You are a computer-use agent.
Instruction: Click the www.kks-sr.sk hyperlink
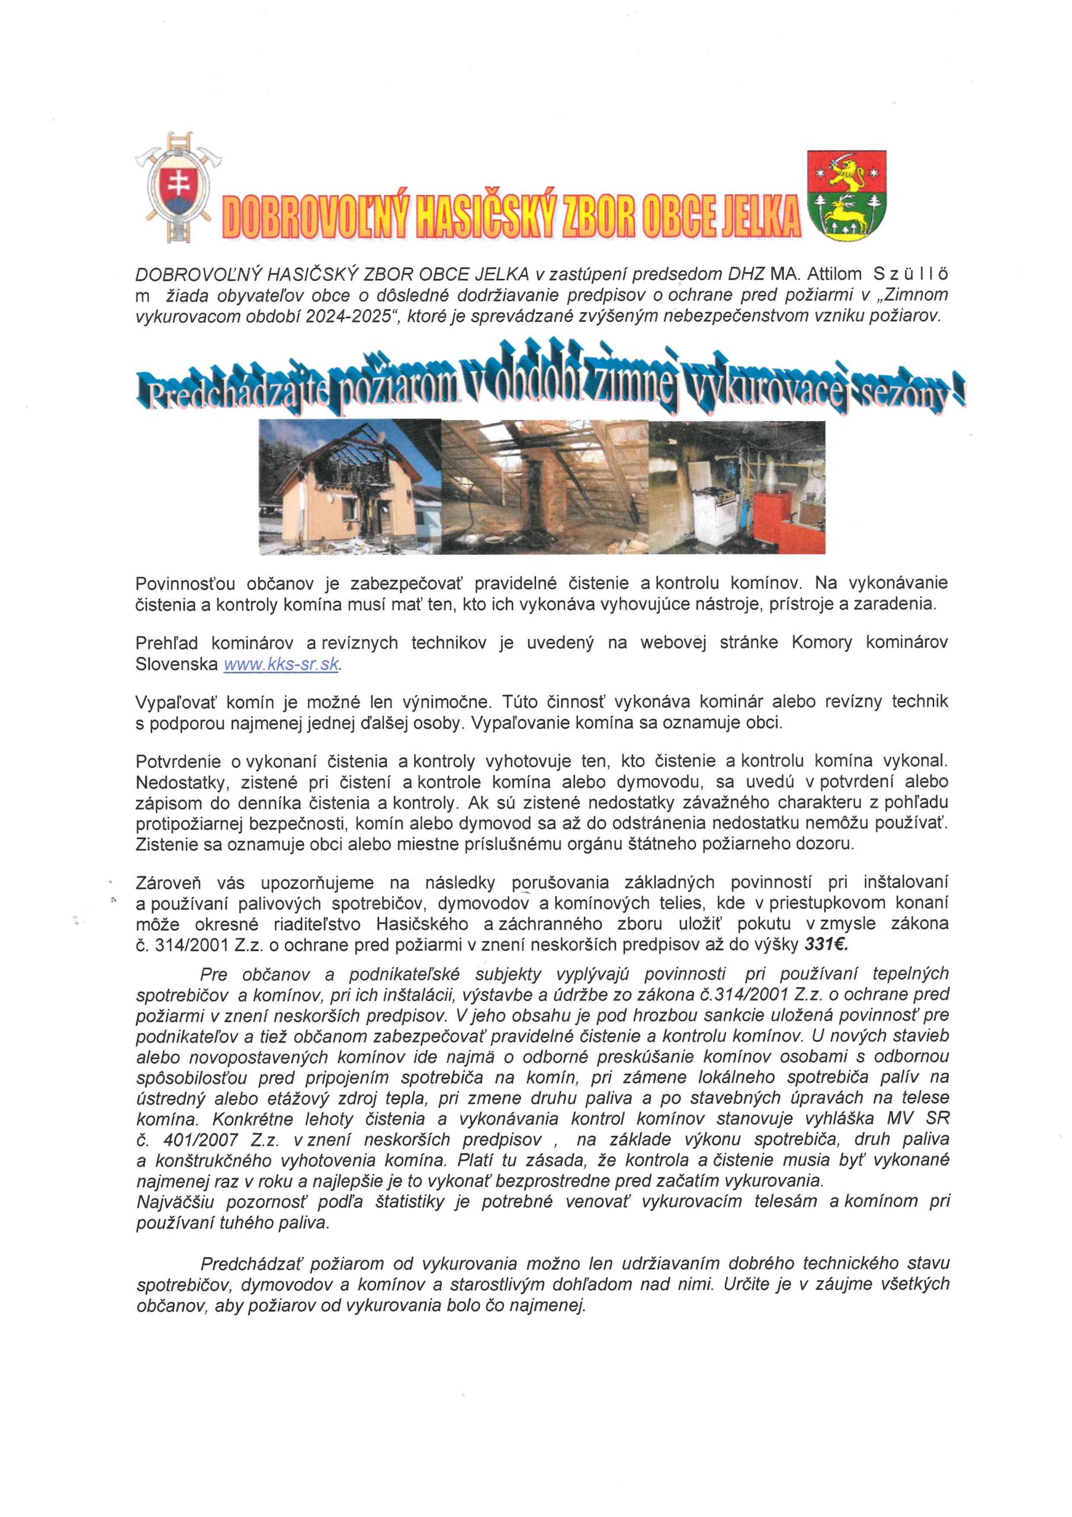[x=281, y=665]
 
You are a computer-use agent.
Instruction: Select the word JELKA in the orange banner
[x=758, y=217]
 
